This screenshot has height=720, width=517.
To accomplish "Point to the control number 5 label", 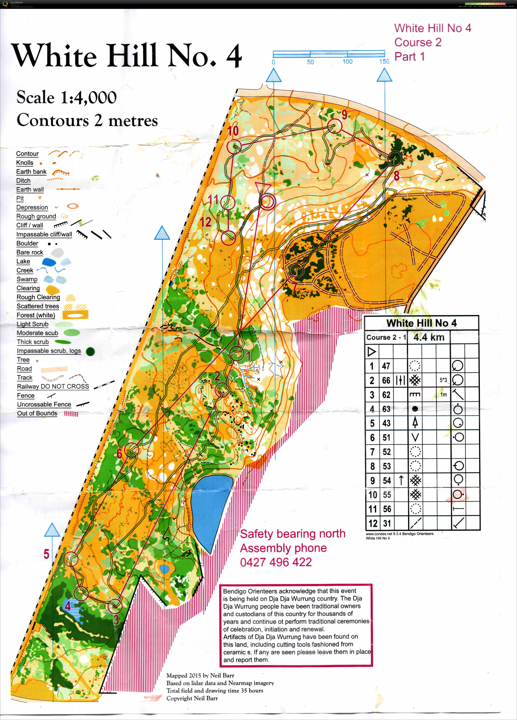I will [46, 554].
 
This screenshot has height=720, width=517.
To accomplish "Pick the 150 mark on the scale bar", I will [384, 61].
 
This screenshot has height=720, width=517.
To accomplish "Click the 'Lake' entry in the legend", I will [23, 261].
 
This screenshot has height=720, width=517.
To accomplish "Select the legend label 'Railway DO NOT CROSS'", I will [53, 386].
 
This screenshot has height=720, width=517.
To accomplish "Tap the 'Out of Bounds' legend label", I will [37, 413].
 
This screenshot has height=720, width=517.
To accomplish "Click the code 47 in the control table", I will [386, 366].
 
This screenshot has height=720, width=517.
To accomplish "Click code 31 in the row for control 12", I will [387, 523].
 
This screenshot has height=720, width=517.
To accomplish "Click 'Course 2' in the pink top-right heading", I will [418, 42].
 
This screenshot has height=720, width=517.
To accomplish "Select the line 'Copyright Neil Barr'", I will [192, 698].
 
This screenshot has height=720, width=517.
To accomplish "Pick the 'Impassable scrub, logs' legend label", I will [49, 351].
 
